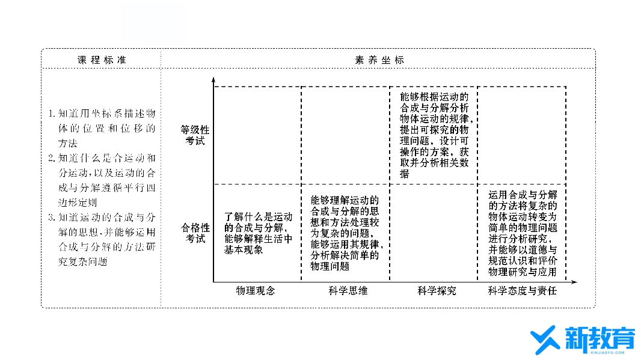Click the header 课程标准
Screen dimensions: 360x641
point(102,60)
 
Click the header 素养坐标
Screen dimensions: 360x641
point(379,60)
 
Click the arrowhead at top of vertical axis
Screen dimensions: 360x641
point(213,81)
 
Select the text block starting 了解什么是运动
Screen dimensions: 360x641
point(259,233)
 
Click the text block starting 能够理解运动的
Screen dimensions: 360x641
point(346,233)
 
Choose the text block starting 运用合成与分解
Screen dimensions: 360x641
point(523,233)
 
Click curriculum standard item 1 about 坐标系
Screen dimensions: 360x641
point(102,128)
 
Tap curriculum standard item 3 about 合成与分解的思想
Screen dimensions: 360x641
point(102,239)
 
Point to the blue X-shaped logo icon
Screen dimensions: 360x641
point(545,341)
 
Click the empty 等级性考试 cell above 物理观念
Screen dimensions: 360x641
point(257,135)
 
